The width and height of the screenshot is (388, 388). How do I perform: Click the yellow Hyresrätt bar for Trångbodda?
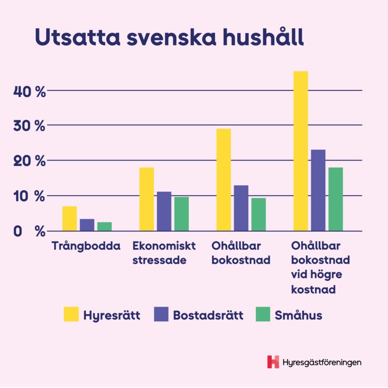[x=69, y=219]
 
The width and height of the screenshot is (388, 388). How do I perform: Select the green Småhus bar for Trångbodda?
[x=105, y=227]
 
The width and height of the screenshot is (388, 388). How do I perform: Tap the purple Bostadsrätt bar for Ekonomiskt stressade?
[x=164, y=211]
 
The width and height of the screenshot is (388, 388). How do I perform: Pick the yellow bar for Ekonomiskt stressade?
[x=147, y=199]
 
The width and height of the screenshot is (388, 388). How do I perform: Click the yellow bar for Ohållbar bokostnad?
[x=224, y=180]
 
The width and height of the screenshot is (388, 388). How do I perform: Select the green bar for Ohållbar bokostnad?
[x=258, y=214]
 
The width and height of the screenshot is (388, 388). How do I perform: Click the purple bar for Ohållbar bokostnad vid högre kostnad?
[x=318, y=190]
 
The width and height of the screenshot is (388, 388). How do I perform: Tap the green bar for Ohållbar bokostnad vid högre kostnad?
[x=335, y=199]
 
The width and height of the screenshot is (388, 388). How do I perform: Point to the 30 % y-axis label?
[x=30, y=126]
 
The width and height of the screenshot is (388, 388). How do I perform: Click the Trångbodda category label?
[x=87, y=246]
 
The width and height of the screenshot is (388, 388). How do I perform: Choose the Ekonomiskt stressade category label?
[x=164, y=253]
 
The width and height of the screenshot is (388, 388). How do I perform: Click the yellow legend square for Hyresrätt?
[x=71, y=314]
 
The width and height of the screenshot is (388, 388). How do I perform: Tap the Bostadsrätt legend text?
[x=208, y=315]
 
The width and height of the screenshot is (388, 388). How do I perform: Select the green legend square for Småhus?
[x=263, y=314]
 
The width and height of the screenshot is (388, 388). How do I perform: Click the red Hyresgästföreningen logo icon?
[x=273, y=362]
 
